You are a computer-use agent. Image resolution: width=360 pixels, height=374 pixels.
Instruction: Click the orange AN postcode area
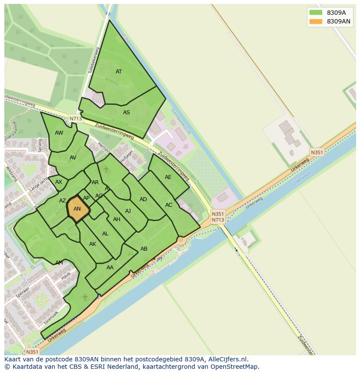click(77, 209)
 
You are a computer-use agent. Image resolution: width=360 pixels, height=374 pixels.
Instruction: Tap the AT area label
click(119, 72)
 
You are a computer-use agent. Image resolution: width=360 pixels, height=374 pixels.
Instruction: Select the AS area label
click(127, 113)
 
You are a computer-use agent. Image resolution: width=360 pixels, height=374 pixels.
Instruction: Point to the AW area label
click(59, 133)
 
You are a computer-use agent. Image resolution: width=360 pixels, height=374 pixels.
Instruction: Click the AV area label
click(73, 158)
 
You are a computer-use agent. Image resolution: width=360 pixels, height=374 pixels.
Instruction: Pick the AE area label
click(168, 177)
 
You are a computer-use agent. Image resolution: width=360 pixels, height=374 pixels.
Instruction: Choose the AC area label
click(169, 205)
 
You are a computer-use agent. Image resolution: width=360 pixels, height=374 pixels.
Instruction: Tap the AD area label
click(143, 199)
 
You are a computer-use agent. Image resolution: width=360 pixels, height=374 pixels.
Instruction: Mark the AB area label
click(144, 249)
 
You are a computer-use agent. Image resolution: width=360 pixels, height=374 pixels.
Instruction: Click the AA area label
click(110, 268)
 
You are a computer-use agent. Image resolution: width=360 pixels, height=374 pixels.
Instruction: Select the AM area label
click(59, 263)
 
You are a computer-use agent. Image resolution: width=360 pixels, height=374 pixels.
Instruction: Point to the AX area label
click(59, 182)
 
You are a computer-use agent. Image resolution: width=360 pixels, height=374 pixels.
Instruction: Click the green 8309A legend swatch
click(316, 13)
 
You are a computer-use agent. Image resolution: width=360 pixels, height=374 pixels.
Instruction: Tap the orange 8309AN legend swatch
click(316, 21)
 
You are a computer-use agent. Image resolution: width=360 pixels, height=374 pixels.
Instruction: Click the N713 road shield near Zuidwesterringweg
click(75, 118)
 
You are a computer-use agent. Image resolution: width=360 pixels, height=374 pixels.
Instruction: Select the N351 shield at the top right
click(317, 152)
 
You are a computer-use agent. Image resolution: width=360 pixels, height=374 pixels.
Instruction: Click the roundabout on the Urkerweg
click(180, 239)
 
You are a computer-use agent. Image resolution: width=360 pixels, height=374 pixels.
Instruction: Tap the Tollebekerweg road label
click(93, 60)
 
